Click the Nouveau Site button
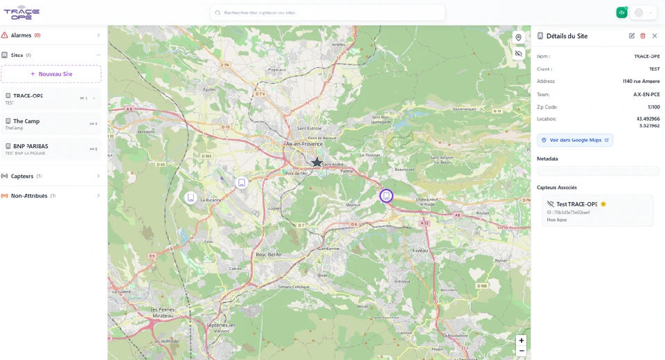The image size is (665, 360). pyautogui.click(x=51, y=74)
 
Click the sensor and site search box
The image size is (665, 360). pyautogui.click(x=328, y=12)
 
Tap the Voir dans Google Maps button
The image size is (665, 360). pyautogui.click(x=575, y=140)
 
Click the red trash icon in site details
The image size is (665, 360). pyautogui.click(x=643, y=36)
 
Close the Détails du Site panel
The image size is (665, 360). pyautogui.click(x=655, y=36)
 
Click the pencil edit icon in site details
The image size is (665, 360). pyautogui.click(x=632, y=36)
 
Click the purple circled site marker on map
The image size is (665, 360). pyautogui.click(x=387, y=196)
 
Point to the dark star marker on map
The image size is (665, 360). pyautogui.click(x=317, y=162)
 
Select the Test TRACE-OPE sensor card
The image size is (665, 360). pyautogui.click(x=597, y=210)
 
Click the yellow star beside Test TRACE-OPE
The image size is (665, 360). pyautogui.click(x=603, y=204)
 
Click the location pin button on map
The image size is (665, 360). pyautogui.click(x=518, y=37)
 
